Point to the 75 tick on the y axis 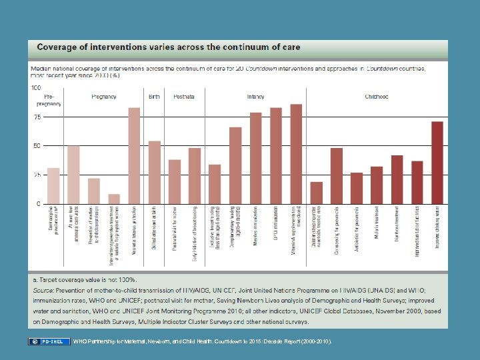[37, 117]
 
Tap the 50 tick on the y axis [37, 145]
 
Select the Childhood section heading [376, 97]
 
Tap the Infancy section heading [255, 97]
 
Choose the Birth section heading [154, 97]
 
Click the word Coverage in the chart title [57, 48]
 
